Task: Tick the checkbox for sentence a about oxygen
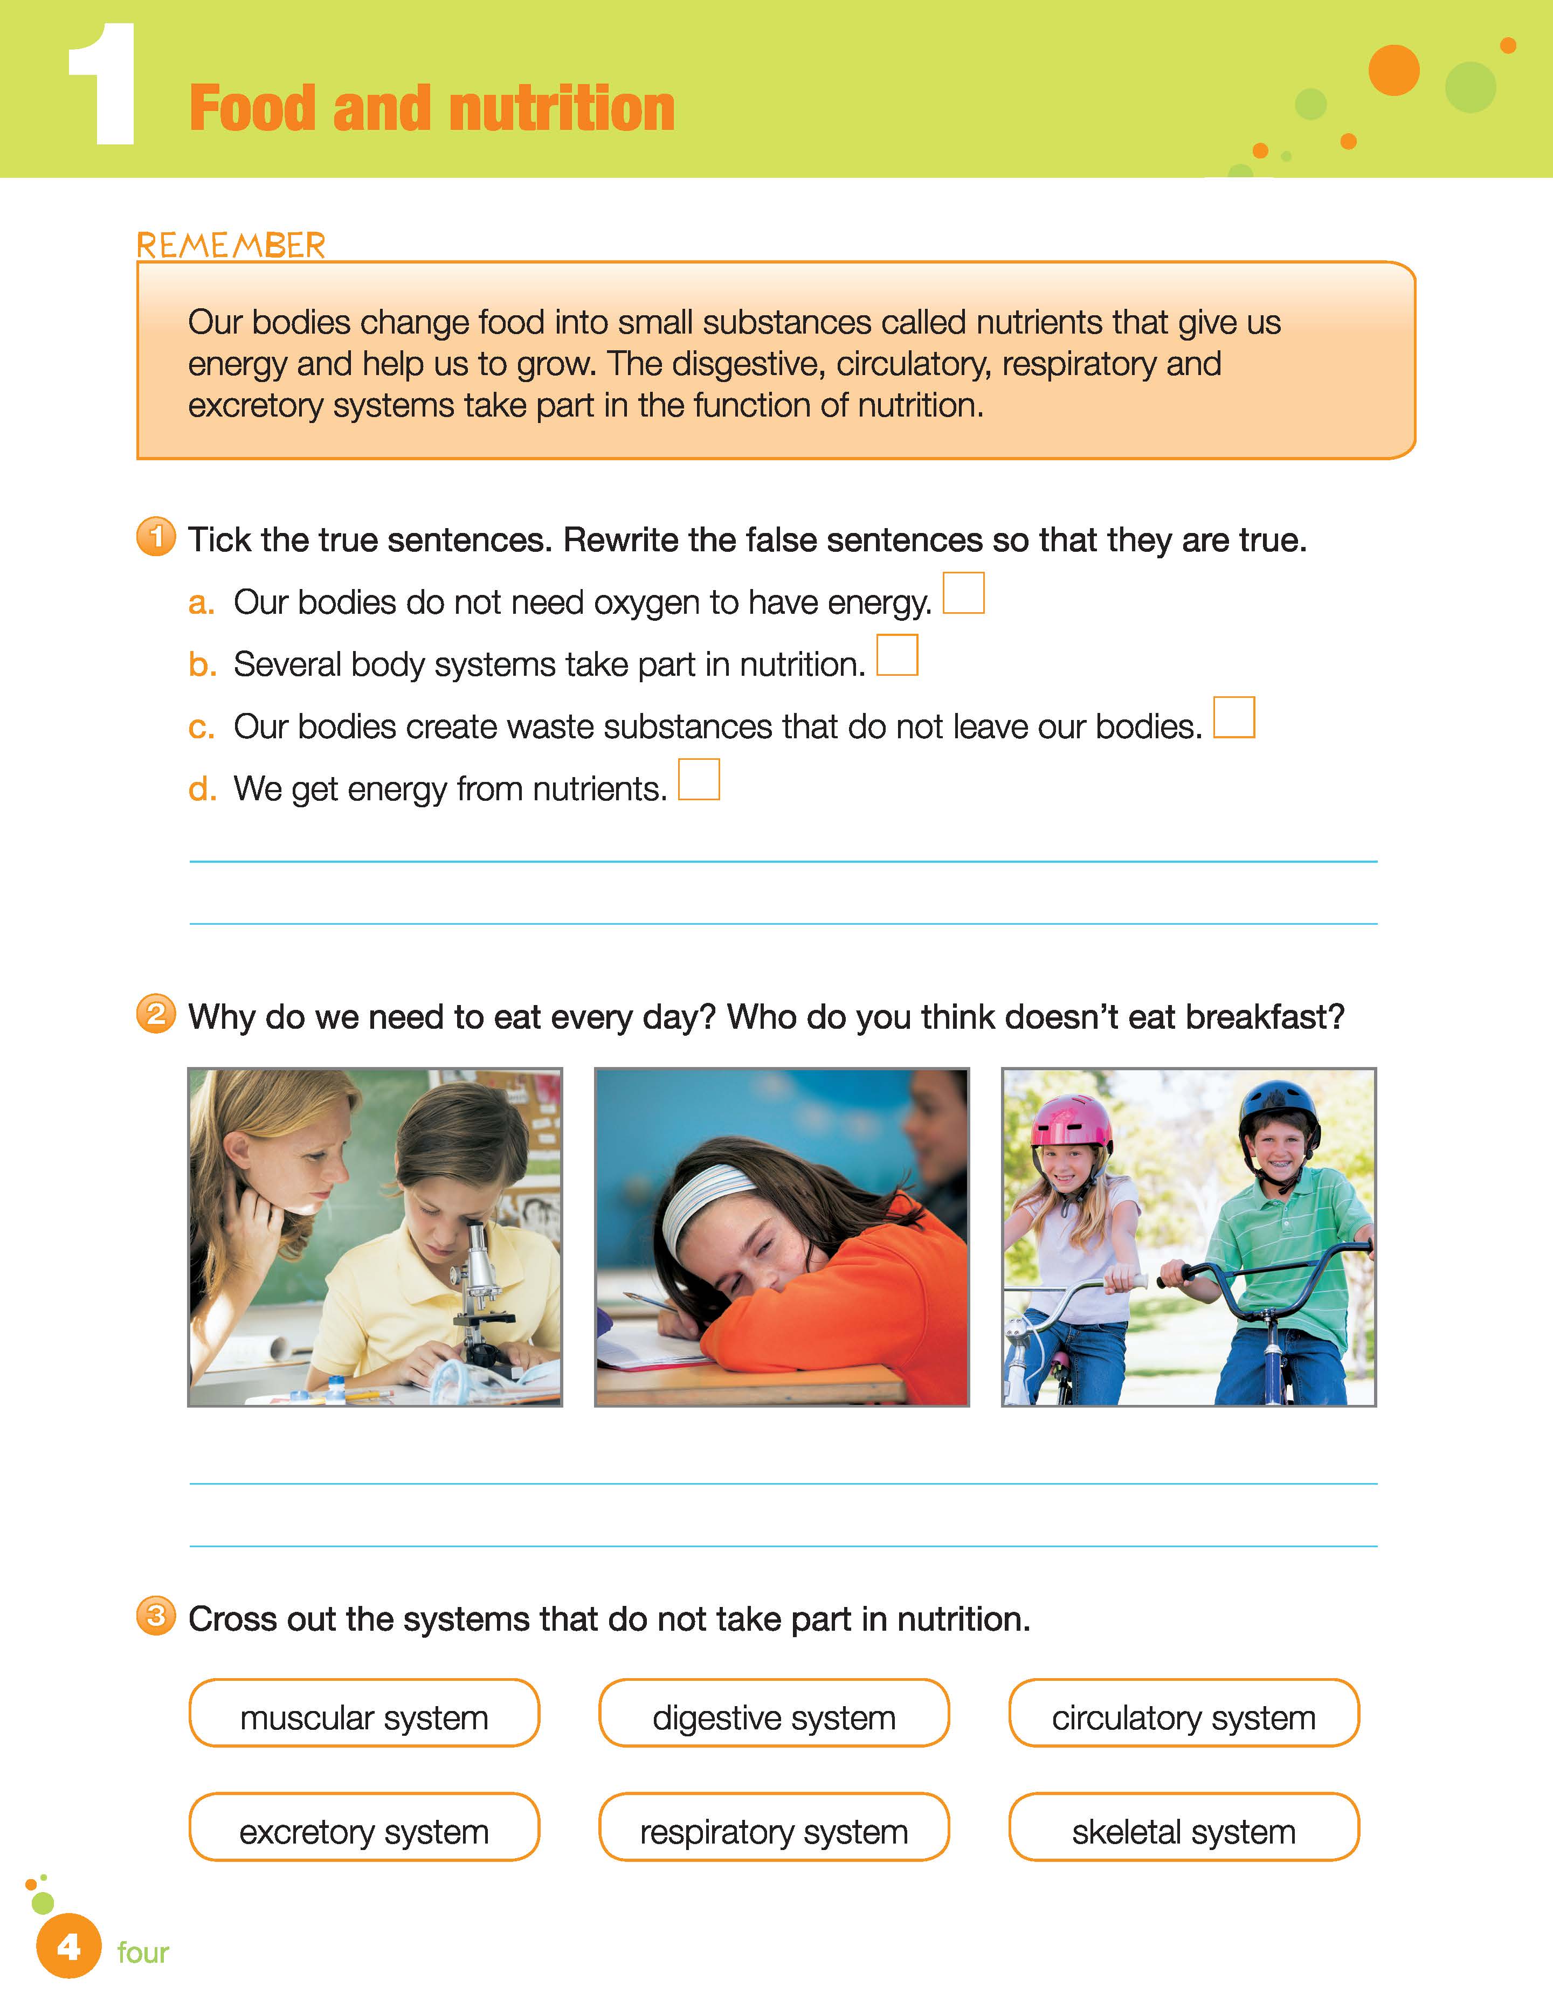(x=963, y=593)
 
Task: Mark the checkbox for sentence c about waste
(x=1234, y=717)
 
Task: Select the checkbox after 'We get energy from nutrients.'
(x=699, y=779)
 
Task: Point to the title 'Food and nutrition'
(x=432, y=108)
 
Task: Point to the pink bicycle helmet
(x=1071, y=1121)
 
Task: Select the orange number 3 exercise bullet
(x=156, y=1615)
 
